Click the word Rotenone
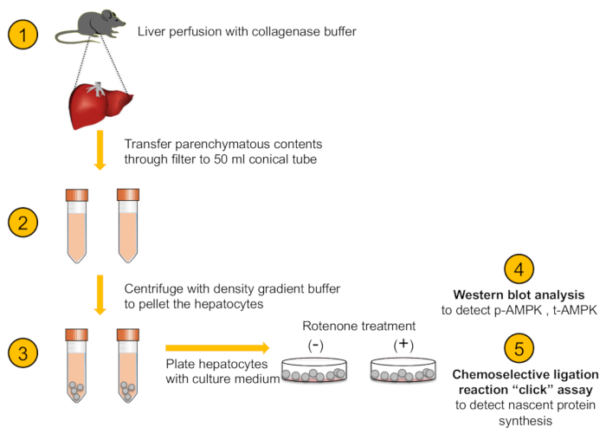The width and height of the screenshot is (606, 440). pos(330,326)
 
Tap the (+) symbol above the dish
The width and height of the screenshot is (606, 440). pos(403,345)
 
